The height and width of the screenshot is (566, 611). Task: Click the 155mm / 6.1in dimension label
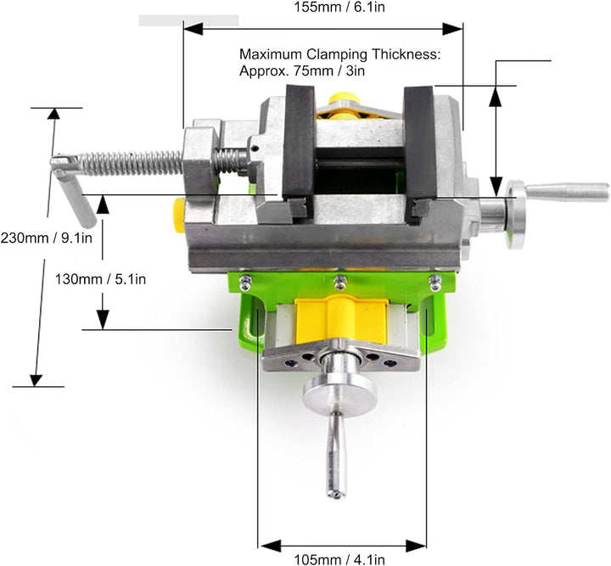(339, 7)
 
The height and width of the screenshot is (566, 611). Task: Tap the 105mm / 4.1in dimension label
(339, 560)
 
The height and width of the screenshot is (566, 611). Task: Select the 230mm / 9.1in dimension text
(47, 238)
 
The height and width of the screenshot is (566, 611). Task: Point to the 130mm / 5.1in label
(100, 279)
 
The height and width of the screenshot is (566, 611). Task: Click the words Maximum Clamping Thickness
(339, 54)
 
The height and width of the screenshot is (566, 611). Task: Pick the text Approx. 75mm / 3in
(302, 71)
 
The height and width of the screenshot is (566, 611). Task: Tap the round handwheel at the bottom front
(339, 395)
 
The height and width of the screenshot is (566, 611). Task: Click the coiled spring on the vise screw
(132, 163)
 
